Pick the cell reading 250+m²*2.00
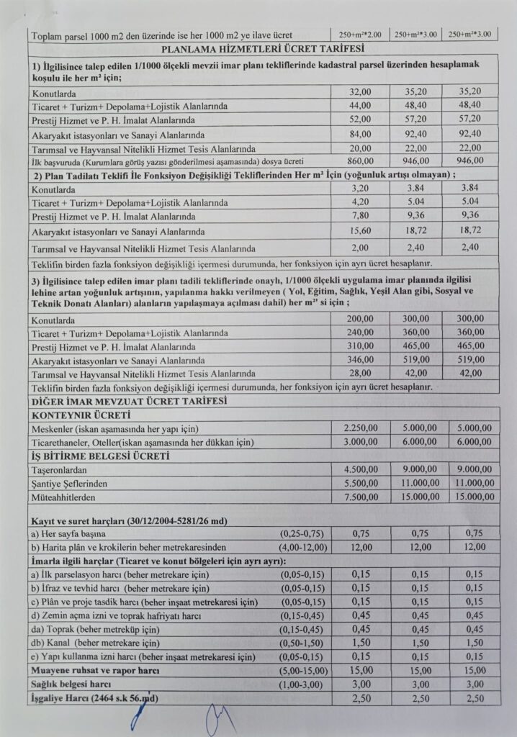coord(360,34)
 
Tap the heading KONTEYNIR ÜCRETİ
coord(81,415)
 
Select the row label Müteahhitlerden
coord(67,497)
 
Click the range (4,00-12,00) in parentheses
coord(302,547)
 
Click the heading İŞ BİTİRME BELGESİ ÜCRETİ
coord(100,456)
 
